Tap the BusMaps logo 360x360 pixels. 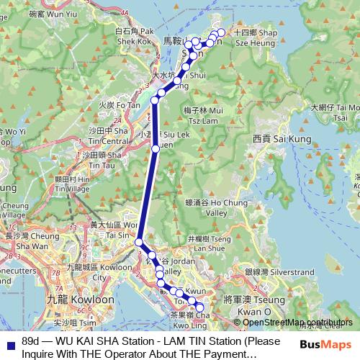click(x=328, y=344)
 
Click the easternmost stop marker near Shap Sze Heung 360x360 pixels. click(x=221, y=32)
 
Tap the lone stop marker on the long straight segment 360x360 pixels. click(x=156, y=149)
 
